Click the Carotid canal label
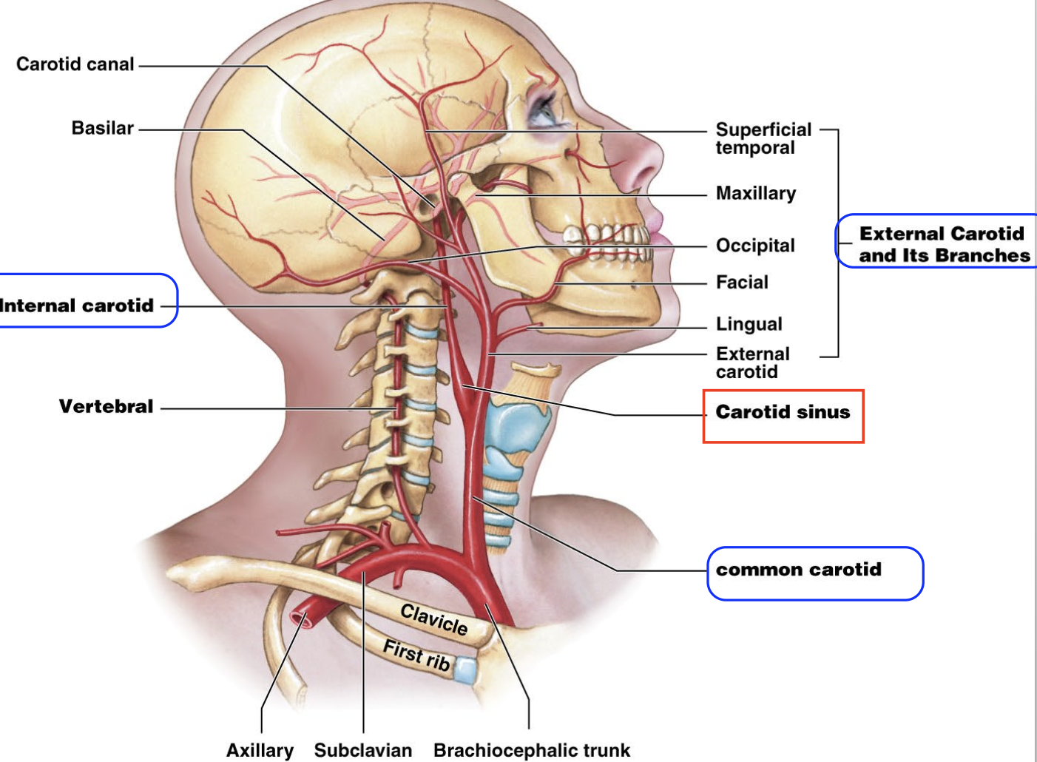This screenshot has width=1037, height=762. (x=75, y=64)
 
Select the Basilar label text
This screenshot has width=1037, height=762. (x=102, y=128)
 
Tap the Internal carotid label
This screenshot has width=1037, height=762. (x=77, y=306)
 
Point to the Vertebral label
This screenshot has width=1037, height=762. (x=106, y=406)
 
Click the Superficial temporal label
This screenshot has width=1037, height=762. (x=763, y=138)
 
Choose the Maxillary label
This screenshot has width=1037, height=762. (x=755, y=193)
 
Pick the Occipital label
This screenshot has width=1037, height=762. (x=754, y=246)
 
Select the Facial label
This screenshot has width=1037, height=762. (x=742, y=282)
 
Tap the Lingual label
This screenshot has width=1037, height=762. (x=749, y=324)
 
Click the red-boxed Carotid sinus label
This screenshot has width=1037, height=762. (x=783, y=412)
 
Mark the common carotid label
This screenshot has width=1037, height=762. (x=799, y=570)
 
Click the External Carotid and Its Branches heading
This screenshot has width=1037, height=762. (x=943, y=244)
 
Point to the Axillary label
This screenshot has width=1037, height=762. (x=260, y=750)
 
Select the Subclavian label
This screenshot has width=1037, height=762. (x=362, y=750)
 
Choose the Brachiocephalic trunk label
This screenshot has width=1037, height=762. (x=531, y=750)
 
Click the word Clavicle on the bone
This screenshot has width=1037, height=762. (x=434, y=619)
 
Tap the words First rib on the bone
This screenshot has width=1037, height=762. (x=416, y=655)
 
